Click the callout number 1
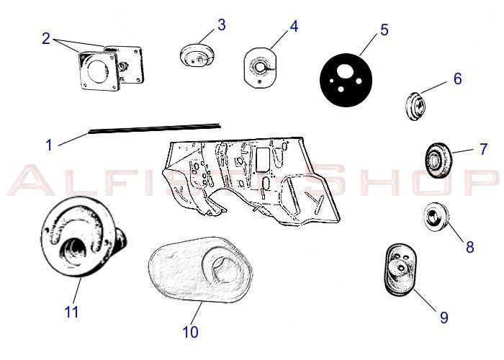[49, 145]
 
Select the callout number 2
[46, 39]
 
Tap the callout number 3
[222, 24]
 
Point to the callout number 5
[384, 30]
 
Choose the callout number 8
[470, 247]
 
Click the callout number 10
[190, 332]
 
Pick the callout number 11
[71, 312]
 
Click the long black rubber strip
[155, 127]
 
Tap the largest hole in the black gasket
[344, 70]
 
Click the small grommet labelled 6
[415, 106]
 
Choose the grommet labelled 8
[436, 217]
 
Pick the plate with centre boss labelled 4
[260, 68]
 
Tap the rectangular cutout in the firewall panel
[263, 160]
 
